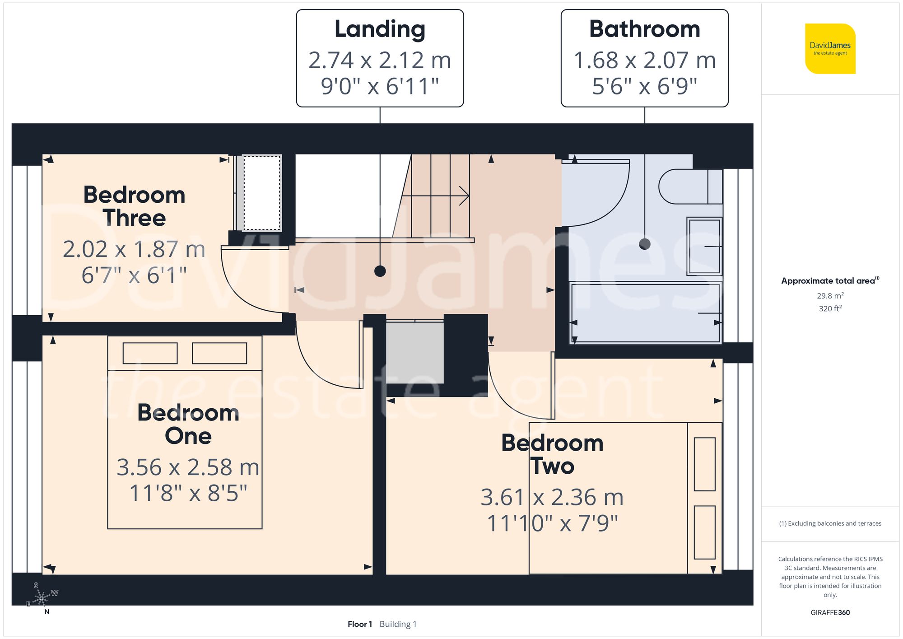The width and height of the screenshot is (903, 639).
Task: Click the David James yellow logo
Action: click(x=830, y=49)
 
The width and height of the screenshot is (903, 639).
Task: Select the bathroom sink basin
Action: click(x=704, y=246)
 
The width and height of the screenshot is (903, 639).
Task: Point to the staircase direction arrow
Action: click(x=464, y=196)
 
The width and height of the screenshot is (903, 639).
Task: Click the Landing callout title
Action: click(x=380, y=29)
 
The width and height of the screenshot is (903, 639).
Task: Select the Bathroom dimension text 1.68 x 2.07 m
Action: click(x=644, y=61)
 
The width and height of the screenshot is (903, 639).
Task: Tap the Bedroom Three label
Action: click(x=134, y=206)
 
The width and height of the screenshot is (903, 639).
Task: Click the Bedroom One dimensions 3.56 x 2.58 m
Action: click(x=188, y=467)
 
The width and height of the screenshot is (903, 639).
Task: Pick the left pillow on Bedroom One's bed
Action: click(x=150, y=353)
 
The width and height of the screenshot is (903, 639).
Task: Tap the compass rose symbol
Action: click(x=42, y=598)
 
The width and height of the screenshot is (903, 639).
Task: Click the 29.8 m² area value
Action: click(x=830, y=296)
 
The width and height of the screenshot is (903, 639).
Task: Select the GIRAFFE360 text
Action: click(x=830, y=613)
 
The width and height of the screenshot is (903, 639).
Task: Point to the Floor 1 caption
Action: click(x=360, y=624)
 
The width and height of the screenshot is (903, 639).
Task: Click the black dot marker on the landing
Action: click(x=380, y=271)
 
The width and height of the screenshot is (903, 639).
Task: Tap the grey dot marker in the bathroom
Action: click(x=644, y=244)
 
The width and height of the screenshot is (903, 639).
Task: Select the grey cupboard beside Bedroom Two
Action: click(x=414, y=352)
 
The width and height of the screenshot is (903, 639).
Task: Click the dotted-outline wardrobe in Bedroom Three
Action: click(x=262, y=193)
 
